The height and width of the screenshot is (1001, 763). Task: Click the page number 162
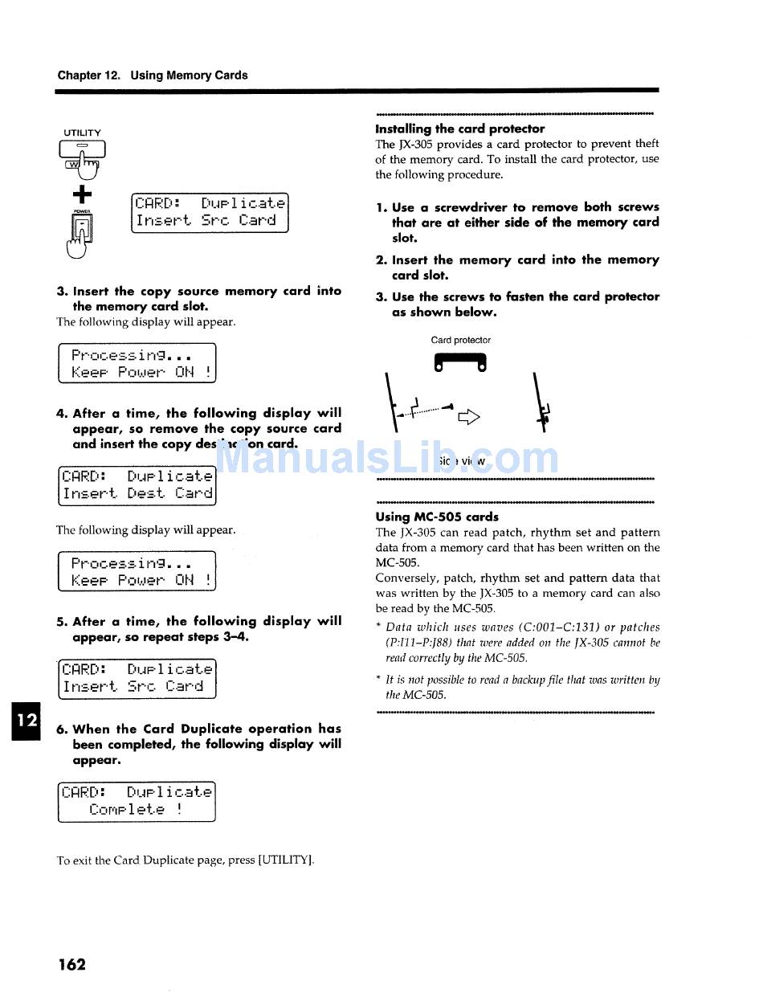(71, 964)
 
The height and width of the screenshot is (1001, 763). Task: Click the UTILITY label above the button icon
(83, 133)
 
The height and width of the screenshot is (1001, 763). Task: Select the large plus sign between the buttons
(83, 194)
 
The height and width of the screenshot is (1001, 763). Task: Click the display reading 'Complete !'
(137, 801)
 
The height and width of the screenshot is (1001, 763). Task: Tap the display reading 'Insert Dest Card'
(137, 484)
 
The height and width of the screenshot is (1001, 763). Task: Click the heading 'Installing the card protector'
(459, 129)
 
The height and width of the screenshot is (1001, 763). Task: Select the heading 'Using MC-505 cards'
(436, 517)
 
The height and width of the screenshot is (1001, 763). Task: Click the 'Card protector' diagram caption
(460, 340)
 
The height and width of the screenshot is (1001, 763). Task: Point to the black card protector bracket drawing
(459, 362)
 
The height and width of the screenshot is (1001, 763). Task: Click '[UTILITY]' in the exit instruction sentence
(286, 860)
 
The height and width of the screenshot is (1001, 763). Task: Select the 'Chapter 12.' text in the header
(89, 76)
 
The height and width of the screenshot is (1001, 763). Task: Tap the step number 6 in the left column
(61, 729)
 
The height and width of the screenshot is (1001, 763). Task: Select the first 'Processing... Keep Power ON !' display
(137, 363)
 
